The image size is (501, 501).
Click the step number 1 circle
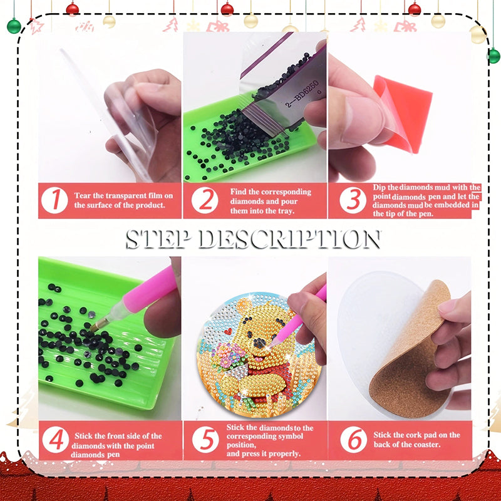point(55,200)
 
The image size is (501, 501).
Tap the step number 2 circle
point(205,200)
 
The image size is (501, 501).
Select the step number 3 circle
point(353,200)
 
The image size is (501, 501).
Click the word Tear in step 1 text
point(84,195)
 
